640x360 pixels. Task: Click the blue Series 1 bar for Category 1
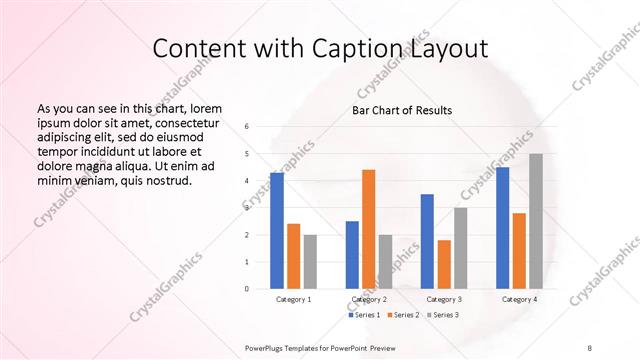277,231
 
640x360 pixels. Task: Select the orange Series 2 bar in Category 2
368,229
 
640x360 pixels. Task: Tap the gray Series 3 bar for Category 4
536,221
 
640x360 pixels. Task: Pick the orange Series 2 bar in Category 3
444,264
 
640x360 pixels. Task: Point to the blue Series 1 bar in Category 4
502,228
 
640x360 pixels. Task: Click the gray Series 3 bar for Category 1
311,262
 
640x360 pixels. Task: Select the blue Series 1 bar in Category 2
352,255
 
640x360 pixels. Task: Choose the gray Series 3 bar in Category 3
461,248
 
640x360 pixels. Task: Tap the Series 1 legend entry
364,315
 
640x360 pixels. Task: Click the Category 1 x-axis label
294,299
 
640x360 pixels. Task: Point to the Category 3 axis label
444,299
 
